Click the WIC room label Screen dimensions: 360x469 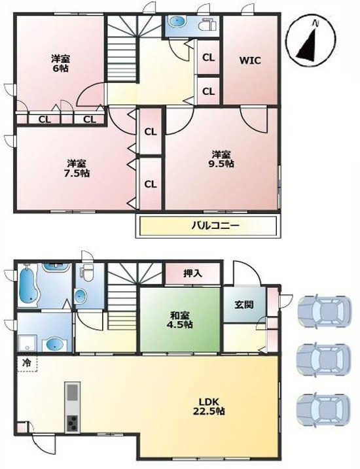pos(250,60)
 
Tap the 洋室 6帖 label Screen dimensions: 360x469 pos(60,63)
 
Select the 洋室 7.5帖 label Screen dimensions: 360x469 pos(77,168)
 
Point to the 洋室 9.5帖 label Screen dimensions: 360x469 pos(221,159)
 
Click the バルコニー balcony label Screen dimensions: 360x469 pos(215,225)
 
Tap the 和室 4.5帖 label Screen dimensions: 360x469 pos(179,320)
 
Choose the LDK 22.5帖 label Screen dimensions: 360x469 pos(209,406)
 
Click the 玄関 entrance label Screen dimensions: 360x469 pos(244,305)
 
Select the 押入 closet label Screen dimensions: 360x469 pos(192,273)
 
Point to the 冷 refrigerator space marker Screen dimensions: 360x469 pos(27,363)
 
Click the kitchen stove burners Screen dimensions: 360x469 pos(73,423)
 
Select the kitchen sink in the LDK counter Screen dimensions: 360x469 pos(73,392)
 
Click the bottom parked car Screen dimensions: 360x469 pos(323,409)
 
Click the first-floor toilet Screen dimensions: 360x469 pos(87,273)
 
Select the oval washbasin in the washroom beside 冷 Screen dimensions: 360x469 pos(54,345)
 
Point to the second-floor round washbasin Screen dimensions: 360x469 pos(177,22)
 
